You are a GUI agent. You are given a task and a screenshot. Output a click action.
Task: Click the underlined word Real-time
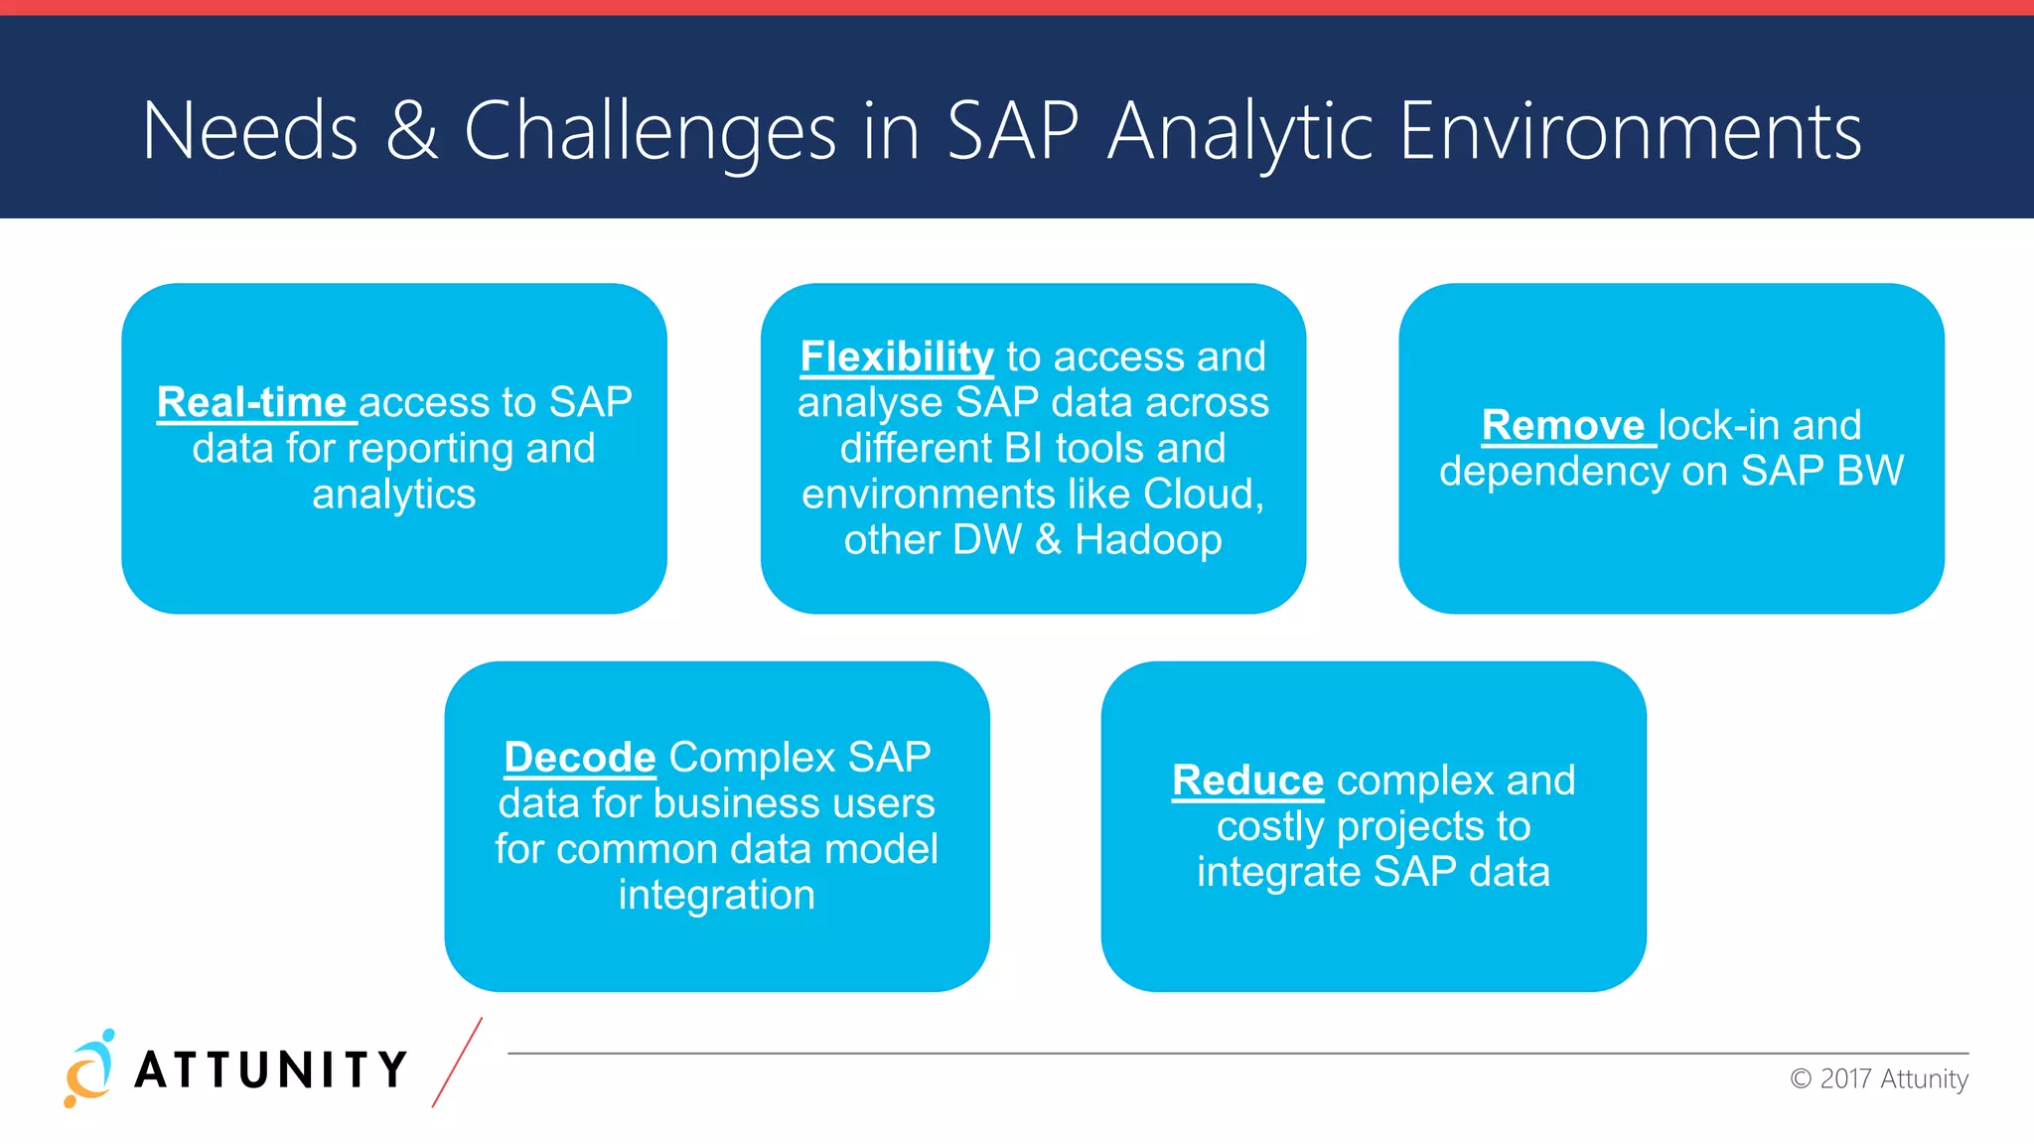252,402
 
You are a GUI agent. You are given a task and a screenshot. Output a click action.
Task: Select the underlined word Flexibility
896,357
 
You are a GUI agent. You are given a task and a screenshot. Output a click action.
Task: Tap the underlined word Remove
1563,425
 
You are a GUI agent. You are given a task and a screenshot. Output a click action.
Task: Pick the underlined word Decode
580,757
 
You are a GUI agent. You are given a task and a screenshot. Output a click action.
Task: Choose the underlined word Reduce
1247,781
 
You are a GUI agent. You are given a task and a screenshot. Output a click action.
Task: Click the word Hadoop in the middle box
1147,539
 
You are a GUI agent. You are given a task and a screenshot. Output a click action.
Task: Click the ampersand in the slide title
411,131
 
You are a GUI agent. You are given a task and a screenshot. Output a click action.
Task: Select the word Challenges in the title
651,131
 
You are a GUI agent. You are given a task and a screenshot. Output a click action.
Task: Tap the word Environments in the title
1630,131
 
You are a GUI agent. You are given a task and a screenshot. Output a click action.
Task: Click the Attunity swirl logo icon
88,1069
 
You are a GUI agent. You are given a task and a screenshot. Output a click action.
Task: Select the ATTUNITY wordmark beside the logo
270,1070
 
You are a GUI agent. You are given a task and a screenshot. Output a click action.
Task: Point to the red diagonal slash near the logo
457,1062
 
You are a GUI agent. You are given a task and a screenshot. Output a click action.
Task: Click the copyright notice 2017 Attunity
1879,1078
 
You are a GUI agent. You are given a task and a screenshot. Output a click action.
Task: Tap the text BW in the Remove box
1870,471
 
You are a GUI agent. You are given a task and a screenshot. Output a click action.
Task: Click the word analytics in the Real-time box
393,494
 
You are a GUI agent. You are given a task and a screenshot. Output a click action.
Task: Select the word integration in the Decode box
716,895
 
